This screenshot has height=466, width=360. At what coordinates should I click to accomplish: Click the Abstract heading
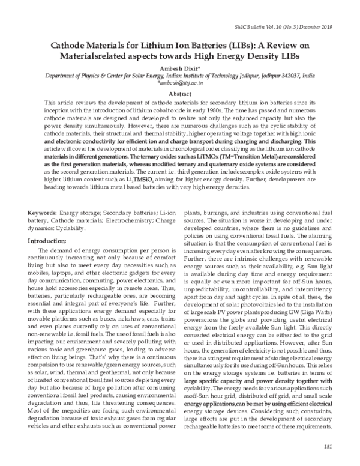pyautogui.click(x=179, y=94)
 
